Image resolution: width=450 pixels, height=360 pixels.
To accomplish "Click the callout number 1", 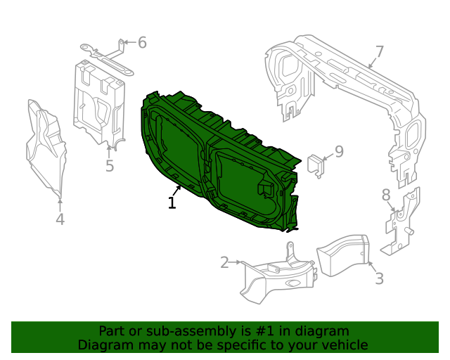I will point(172,203).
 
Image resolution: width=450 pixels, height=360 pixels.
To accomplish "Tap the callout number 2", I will point(224,263).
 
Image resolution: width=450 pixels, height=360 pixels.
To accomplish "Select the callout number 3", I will point(379,278).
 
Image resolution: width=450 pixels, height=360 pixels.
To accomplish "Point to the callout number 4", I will point(60,219).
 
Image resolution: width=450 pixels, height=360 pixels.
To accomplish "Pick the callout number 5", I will point(110,166).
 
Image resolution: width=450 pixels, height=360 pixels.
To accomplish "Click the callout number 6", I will point(142,43).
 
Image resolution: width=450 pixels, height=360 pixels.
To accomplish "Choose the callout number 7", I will point(379,51).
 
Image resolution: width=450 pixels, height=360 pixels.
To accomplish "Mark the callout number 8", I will point(385,195).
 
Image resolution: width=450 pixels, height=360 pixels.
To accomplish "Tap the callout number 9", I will point(338,151).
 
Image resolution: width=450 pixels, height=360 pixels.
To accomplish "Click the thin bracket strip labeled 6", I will point(105,55).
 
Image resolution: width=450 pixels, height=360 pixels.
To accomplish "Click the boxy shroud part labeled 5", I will point(97,102).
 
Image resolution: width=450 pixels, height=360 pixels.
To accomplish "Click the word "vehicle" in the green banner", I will point(344,345).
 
